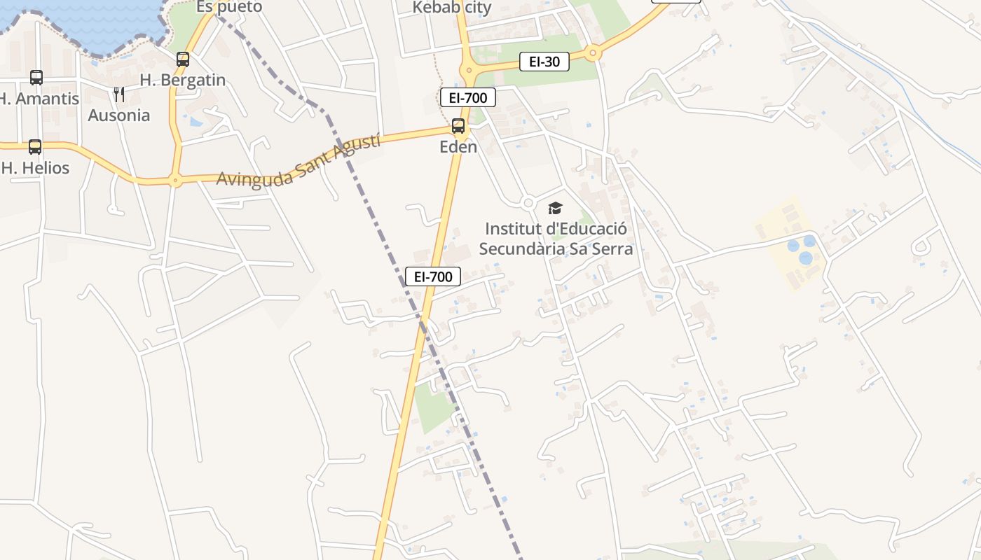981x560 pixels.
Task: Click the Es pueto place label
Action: (229, 7)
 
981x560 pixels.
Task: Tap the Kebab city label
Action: (452, 8)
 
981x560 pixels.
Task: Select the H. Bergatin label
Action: (183, 80)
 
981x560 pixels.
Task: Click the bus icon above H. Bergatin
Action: (183, 59)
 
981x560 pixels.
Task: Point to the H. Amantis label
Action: (39, 98)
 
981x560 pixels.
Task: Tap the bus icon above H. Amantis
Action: (36, 78)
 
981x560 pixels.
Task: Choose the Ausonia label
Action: (119, 115)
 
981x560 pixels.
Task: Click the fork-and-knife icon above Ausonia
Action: (119, 94)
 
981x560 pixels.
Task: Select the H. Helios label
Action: (36, 168)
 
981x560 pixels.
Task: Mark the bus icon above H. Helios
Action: (35, 147)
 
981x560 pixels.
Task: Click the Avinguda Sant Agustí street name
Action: (299, 162)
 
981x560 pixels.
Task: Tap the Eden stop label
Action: (458, 146)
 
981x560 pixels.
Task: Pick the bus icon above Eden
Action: (458, 126)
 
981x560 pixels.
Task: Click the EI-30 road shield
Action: (544, 62)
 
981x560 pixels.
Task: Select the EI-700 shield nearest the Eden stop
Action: (468, 97)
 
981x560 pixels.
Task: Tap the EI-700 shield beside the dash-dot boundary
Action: (433, 276)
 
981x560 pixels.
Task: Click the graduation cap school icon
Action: (555, 208)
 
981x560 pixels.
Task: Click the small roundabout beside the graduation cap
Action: (528, 203)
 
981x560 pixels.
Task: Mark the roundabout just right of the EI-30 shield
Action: (594, 52)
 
